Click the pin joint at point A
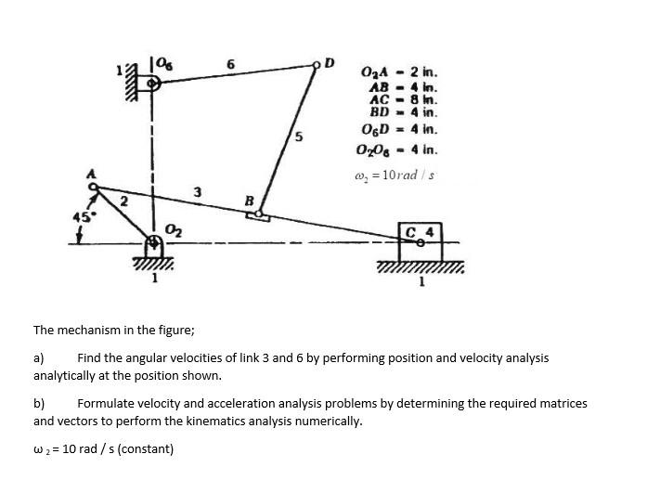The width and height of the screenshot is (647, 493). click(94, 185)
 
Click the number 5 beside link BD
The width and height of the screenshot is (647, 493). click(297, 137)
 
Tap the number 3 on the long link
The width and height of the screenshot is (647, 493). click(197, 192)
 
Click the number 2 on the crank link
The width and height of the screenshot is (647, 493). click(123, 201)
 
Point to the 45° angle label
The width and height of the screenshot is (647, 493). click(81, 218)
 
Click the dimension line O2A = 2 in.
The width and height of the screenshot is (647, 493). click(400, 71)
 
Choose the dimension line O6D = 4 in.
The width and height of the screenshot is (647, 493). click(400, 130)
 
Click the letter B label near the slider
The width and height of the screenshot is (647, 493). click(248, 201)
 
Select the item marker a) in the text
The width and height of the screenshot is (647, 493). click(39, 357)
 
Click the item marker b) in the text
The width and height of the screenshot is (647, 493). click(39, 404)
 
